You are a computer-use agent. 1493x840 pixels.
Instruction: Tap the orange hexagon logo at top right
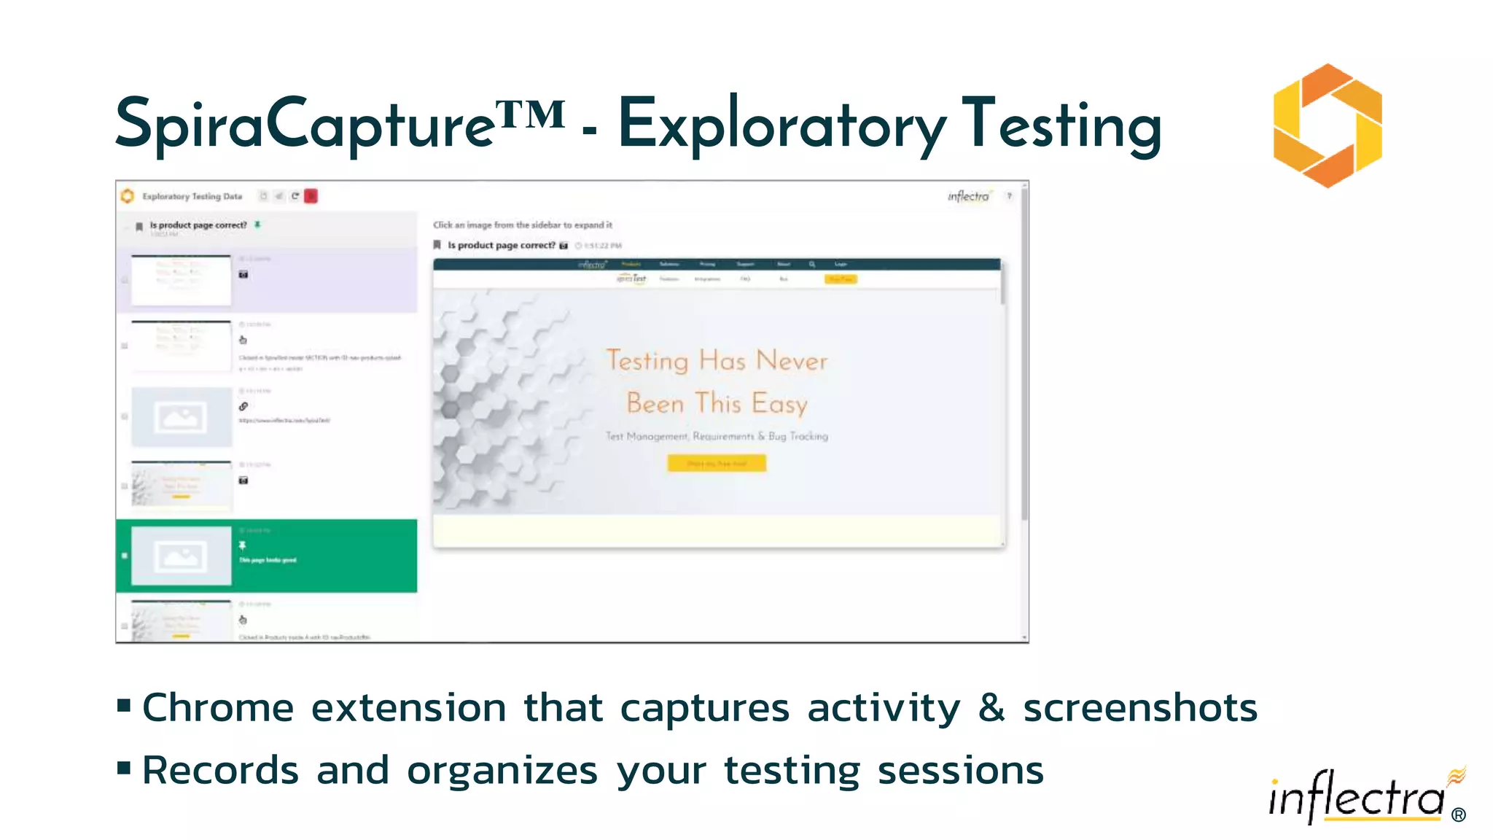click(x=1328, y=125)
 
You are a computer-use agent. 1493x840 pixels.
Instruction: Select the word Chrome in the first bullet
click(x=218, y=709)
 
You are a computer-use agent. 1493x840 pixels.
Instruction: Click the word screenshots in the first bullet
click(x=1140, y=709)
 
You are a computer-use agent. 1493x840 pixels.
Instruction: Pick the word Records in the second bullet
click(x=220, y=771)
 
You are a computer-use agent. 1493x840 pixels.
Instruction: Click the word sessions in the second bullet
click(x=960, y=771)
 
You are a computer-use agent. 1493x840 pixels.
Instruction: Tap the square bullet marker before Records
click(x=124, y=768)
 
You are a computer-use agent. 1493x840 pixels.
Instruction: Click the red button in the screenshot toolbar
click(x=311, y=196)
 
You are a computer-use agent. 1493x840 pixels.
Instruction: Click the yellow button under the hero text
click(x=717, y=463)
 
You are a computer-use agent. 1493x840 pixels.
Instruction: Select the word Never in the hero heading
click(x=792, y=361)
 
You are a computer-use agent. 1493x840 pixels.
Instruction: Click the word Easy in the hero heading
click(x=779, y=404)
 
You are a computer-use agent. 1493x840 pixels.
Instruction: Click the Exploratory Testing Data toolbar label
click(x=192, y=196)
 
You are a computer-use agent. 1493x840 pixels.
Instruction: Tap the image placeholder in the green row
click(x=181, y=556)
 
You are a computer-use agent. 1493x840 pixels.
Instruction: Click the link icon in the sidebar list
click(x=243, y=407)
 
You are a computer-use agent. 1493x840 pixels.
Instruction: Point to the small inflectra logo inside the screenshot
click(x=969, y=196)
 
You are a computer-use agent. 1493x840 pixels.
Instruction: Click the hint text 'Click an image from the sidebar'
click(x=523, y=225)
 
